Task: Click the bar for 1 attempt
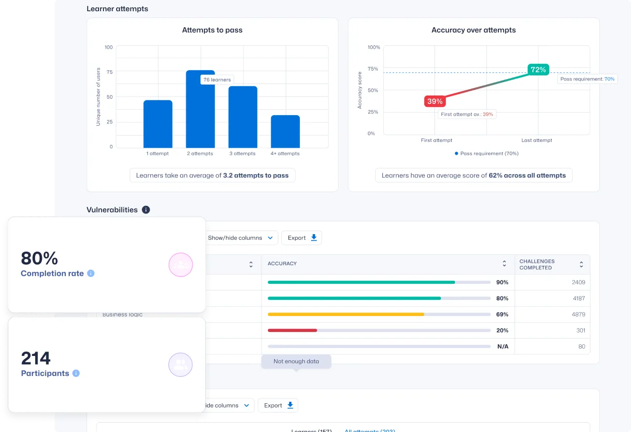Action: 158,124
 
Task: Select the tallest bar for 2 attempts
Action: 200,112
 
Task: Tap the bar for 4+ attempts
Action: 285,131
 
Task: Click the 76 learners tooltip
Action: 217,79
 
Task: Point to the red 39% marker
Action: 434,101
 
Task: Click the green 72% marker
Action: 538,70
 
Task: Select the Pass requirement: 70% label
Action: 587,79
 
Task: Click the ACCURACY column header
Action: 282,264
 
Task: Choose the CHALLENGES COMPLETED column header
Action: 537,264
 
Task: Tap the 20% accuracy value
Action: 502,331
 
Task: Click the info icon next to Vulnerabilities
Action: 146,210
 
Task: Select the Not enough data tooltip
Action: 296,361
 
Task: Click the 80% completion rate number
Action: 39,258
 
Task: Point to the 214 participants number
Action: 36,358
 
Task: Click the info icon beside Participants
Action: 76,373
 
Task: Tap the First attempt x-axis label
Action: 436,140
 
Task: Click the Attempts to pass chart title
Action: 212,30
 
